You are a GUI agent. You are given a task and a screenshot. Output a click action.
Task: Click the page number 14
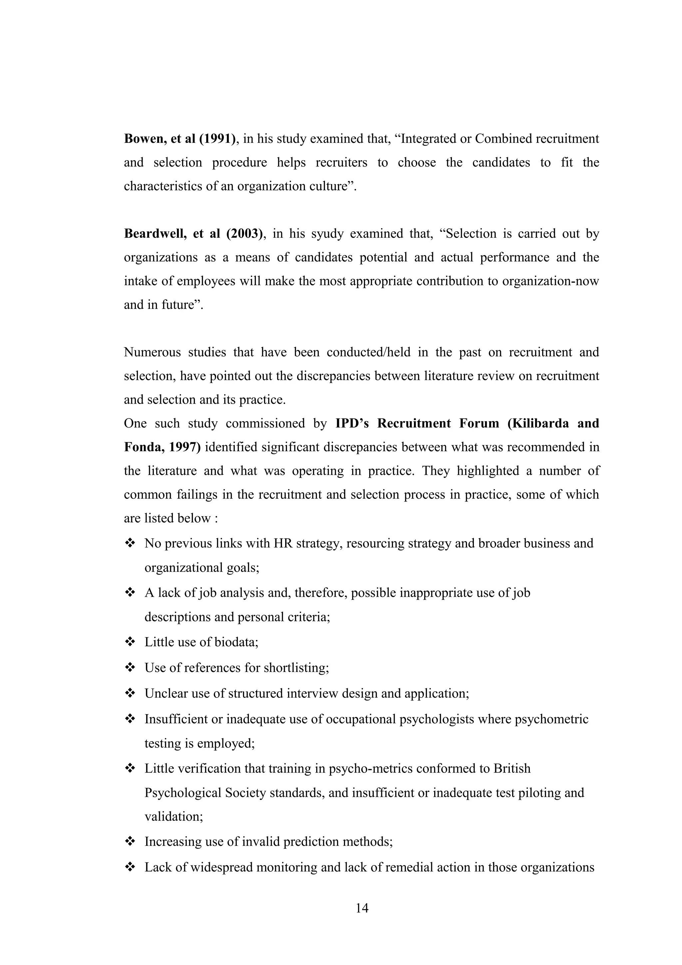[x=362, y=908]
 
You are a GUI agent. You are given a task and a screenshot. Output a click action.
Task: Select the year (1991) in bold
[x=217, y=139]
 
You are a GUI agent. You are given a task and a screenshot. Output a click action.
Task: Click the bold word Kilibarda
[x=540, y=423]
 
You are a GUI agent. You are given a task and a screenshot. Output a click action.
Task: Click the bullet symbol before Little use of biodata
[x=130, y=642]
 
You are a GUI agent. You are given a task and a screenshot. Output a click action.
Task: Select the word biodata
[x=236, y=642]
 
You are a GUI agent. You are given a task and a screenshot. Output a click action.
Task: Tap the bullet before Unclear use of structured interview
[x=130, y=693]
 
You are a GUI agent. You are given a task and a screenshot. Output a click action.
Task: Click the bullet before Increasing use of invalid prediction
[x=130, y=841]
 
